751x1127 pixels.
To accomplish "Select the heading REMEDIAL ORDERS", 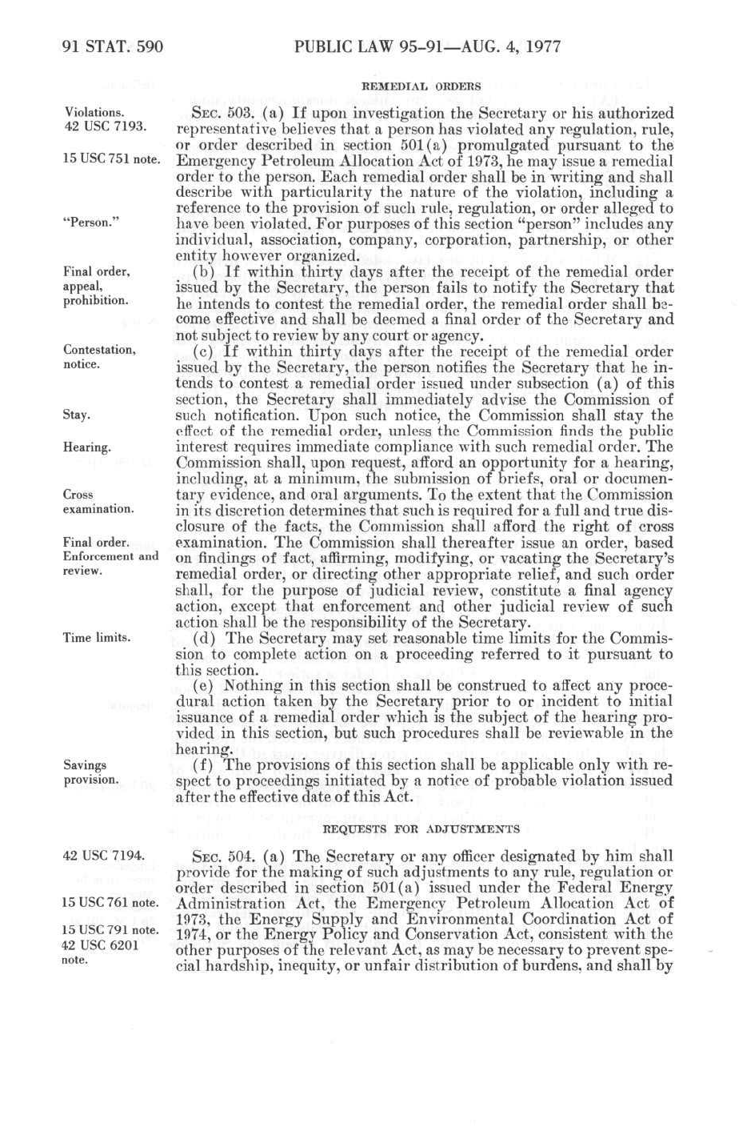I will [x=421, y=86].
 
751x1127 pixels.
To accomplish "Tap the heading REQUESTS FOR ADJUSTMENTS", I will [x=421, y=828].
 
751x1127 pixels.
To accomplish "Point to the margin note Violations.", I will [x=94, y=113].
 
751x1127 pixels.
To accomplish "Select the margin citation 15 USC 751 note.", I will [x=112, y=159].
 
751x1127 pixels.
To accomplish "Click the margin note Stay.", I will [x=77, y=415].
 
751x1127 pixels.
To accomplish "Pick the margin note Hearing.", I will [x=87, y=447].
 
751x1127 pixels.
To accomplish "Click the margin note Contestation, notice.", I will [x=99, y=357].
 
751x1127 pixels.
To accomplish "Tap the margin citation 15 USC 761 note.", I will [x=112, y=903].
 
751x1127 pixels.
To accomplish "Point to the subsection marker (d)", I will [x=206, y=638].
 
